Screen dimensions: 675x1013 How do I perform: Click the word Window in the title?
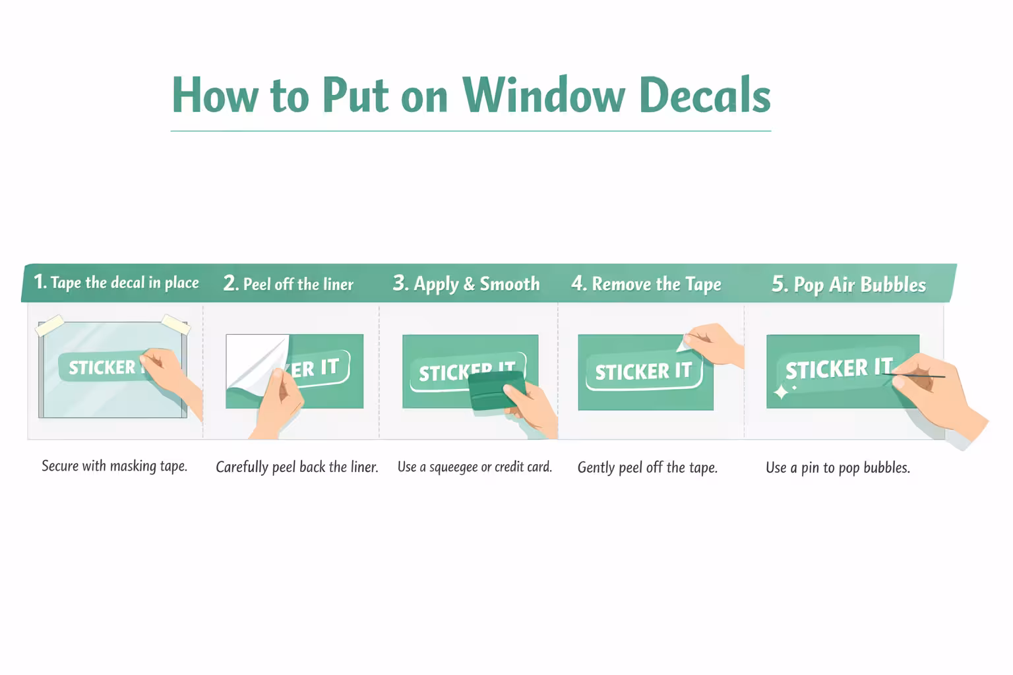tap(543, 95)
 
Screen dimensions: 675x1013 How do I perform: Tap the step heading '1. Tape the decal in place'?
tap(116, 282)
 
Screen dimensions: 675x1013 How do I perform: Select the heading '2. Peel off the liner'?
tap(288, 284)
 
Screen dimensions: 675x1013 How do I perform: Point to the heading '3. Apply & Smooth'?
tap(466, 284)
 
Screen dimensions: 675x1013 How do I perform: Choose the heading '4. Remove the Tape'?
tap(646, 284)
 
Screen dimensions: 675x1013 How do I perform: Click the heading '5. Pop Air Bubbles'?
tap(849, 285)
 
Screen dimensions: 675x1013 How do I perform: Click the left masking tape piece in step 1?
tap(50, 326)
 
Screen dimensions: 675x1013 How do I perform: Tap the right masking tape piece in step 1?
tap(175, 324)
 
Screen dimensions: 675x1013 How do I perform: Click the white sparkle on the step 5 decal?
tap(781, 392)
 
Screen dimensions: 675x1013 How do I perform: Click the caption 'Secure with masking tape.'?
tap(114, 466)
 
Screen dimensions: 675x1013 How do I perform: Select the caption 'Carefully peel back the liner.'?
tap(297, 467)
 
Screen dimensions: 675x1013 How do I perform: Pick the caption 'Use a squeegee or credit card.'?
tap(474, 467)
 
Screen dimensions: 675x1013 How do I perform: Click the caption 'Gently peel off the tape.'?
tap(647, 468)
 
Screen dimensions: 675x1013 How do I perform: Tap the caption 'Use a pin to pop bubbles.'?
tap(838, 468)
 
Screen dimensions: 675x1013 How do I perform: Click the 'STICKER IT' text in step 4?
tap(643, 372)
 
